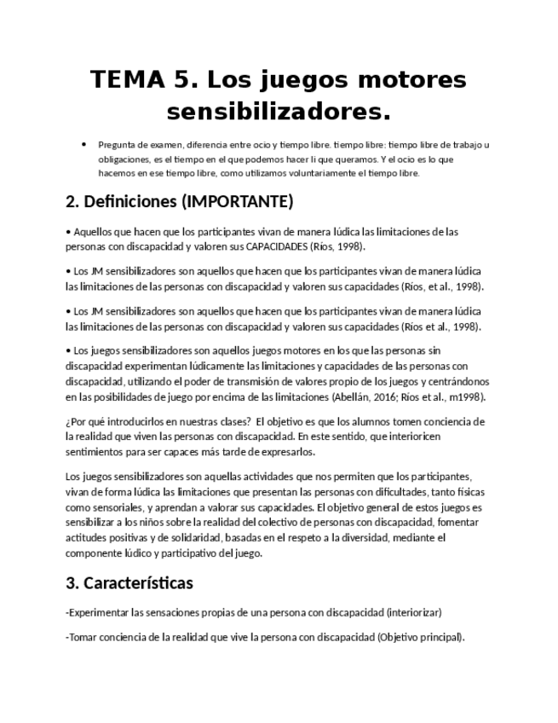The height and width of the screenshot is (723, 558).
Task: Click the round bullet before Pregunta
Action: pyautogui.click(x=83, y=144)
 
